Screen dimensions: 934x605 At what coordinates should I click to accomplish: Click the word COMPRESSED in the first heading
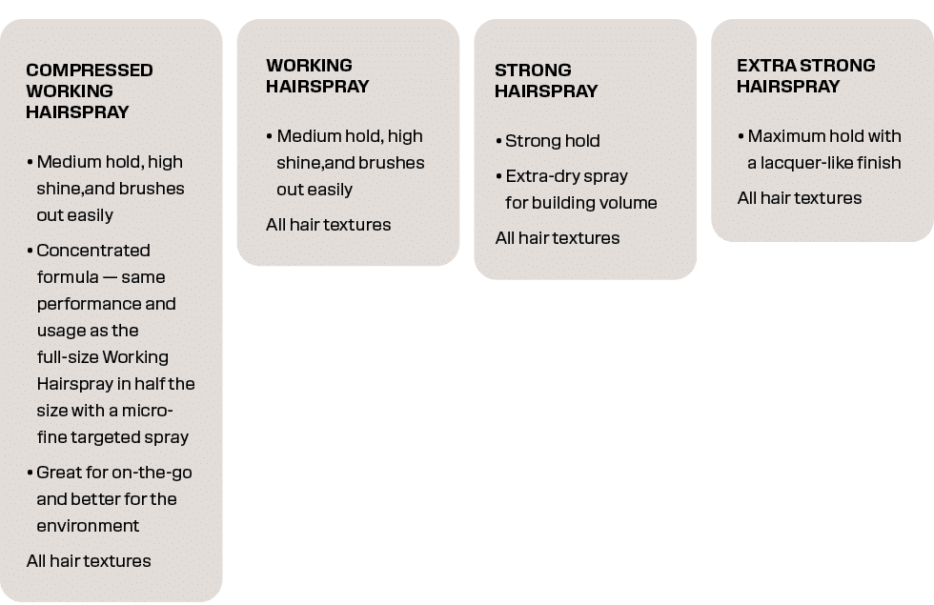coord(90,71)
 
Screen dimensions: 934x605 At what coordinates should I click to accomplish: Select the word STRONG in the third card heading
coord(533,71)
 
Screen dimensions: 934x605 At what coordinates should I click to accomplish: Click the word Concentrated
coord(93,250)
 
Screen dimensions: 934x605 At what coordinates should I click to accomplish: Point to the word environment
coord(88,526)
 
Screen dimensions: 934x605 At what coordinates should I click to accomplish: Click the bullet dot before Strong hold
coord(498,141)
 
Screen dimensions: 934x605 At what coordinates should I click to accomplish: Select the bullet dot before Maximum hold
coord(741,136)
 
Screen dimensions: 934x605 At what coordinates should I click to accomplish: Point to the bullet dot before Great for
coord(30,473)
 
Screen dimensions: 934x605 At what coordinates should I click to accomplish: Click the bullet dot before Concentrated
coord(30,251)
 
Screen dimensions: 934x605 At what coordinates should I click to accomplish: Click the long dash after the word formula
coord(111,277)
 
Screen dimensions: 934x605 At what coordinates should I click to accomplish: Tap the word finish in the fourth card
coord(881,163)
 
